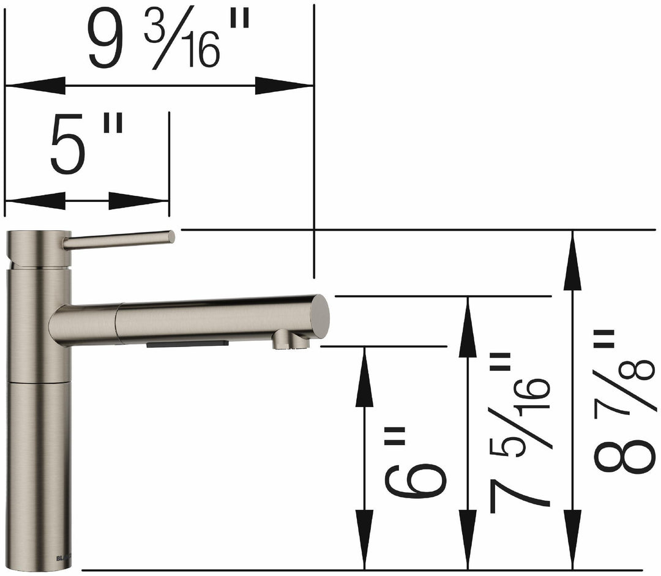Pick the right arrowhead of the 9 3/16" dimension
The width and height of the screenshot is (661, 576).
click(x=284, y=86)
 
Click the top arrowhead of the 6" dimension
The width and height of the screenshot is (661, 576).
click(x=364, y=376)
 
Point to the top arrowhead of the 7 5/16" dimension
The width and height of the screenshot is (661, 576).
click(x=468, y=327)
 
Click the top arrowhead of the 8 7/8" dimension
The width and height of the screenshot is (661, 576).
click(x=572, y=260)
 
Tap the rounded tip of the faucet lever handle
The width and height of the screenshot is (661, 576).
click(x=170, y=236)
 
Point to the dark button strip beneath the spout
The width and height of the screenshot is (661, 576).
click(x=187, y=343)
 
